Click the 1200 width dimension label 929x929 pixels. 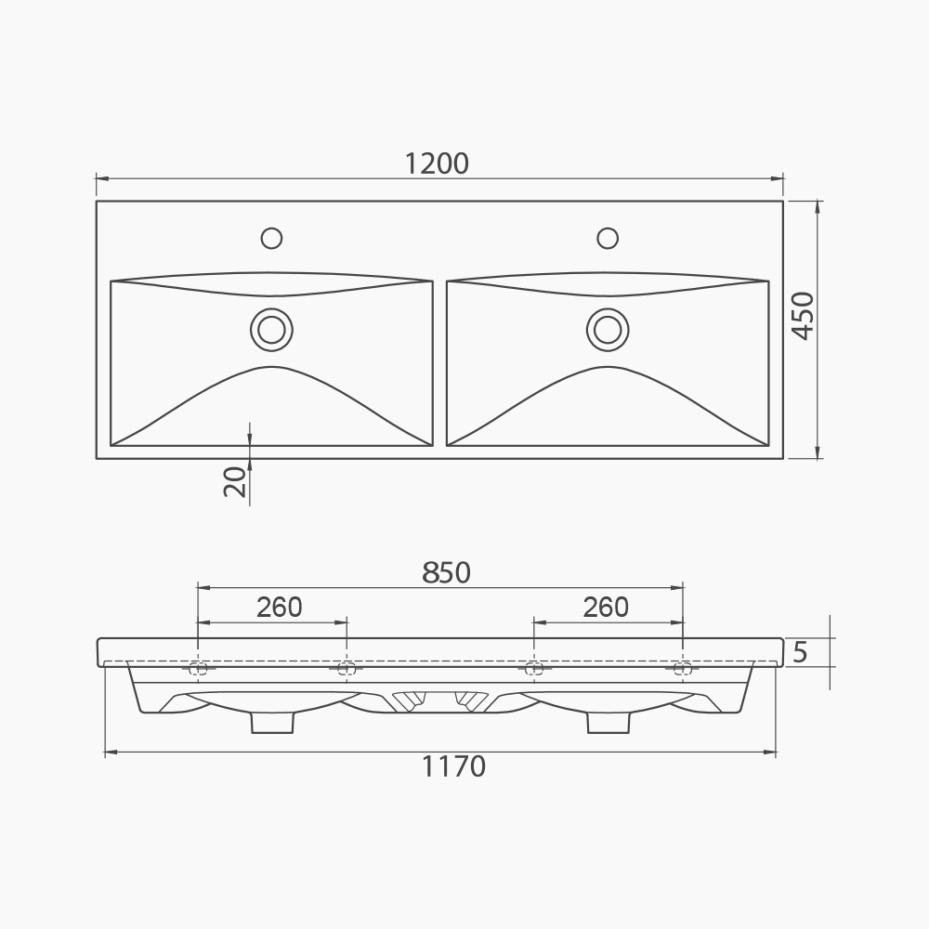click(437, 164)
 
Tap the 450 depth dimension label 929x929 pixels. click(802, 316)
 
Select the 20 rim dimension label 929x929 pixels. click(237, 482)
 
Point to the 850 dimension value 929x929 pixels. click(446, 573)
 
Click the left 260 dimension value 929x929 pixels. click(280, 607)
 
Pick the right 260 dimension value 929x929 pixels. click(606, 607)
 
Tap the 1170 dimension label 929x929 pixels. click(453, 767)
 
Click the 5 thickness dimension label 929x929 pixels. click(801, 652)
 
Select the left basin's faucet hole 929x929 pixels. click(271, 238)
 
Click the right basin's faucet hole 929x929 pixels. click(608, 238)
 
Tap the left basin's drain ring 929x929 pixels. click(271, 329)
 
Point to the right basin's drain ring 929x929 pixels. click(608, 329)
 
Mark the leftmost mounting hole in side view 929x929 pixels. click(197, 668)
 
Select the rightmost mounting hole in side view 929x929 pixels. click(682, 668)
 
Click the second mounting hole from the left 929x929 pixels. click(346, 668)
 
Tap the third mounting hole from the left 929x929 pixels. click(533, 668)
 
